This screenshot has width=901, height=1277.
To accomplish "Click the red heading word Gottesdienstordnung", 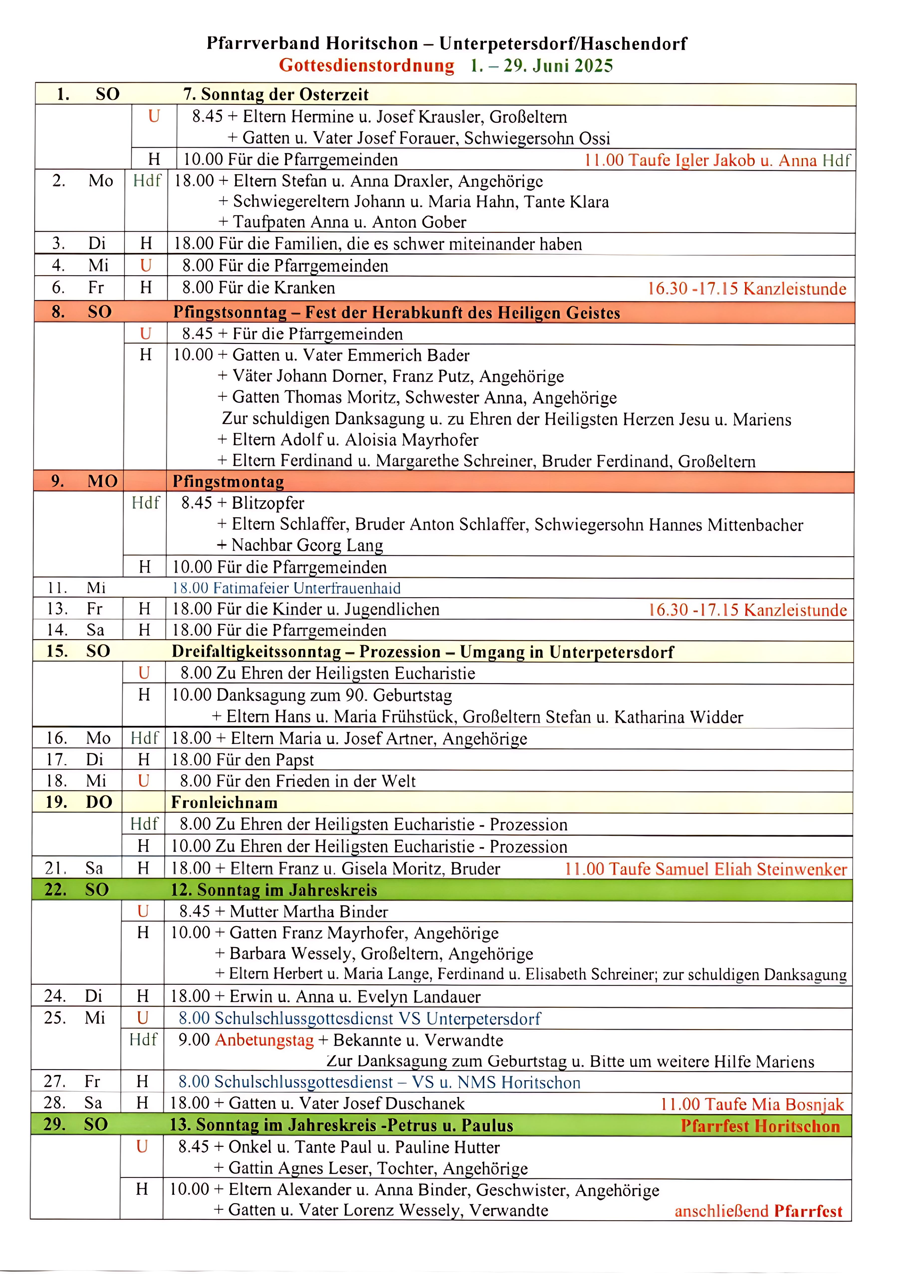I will (366, 66).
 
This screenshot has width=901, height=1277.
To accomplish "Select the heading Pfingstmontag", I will (228, 482).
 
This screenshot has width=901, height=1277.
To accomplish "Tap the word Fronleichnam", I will (224, 803).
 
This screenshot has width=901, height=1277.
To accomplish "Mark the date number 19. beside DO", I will (56, 802).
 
